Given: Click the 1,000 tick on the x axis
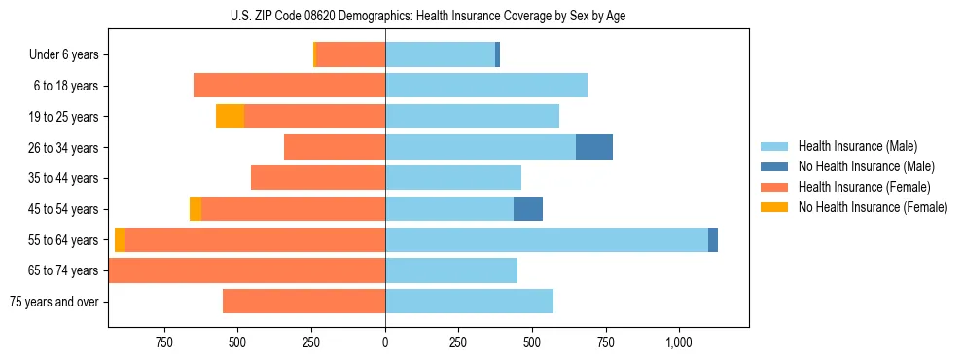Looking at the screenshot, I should coord(679,342).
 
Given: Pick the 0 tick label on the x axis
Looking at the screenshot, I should coord(385,342).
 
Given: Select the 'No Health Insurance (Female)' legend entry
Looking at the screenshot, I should coord(873,207).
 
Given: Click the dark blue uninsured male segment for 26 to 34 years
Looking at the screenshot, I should coord(594,147).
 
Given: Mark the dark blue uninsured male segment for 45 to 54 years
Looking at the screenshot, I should coord(528,209).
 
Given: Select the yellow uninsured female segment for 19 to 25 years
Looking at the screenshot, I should coord(230,117).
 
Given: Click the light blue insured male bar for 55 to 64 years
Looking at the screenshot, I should coord(547,239).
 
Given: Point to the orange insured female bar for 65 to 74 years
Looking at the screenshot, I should coord(247,270).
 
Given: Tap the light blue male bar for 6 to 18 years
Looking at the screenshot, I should coord(486,86).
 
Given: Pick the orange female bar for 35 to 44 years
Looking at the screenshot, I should coord(318,178).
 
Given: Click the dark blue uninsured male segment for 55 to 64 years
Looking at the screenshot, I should coord(713,239).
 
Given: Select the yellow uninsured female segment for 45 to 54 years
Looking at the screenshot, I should coord(196,209).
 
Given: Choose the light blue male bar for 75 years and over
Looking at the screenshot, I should coord(470,302).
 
